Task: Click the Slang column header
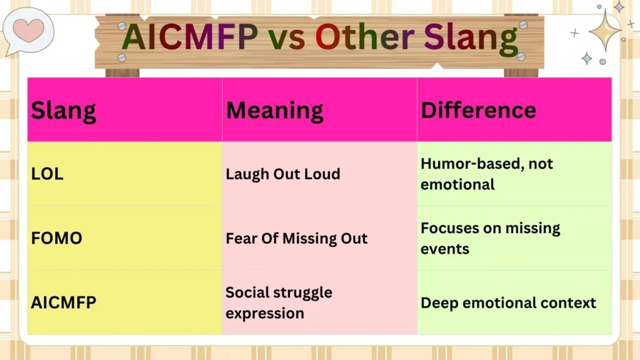click(x=64, y=111)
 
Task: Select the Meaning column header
click(x=274, y=111)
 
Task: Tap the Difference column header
click(x=478, y=111)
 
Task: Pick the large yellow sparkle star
click(x=604, y=30)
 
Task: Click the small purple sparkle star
click(x=619, y=7)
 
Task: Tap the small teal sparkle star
click(x=587, y=58)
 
